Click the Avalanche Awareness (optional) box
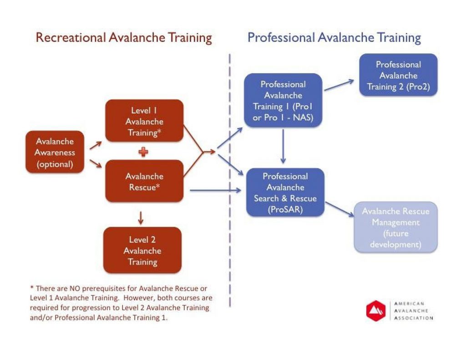coord(55,152)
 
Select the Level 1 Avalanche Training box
coord(144,121)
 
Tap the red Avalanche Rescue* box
coord(144,181)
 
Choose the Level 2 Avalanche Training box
coord(142,250)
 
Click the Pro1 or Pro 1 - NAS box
coord(283,101)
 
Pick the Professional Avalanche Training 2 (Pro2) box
coord(398,75)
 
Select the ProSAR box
coord(285,193)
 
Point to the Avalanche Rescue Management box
coord(395,228)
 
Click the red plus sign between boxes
coord(143,152)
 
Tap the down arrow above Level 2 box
coord(141,218)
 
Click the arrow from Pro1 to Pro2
coord(339,85)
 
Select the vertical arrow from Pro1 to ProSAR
coord(283,146)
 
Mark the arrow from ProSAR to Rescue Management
coord(339,209)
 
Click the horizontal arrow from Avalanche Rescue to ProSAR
coord(215,190)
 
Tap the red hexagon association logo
coord(375,311)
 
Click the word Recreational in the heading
coord(71,38)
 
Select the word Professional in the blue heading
coord(281,38)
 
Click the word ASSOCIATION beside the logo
coord(413,318)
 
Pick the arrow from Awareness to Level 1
coord(96,145)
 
